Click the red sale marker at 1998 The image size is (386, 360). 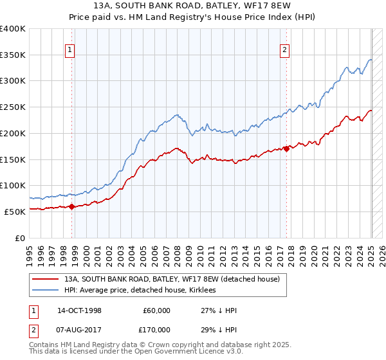[x=72, y=206]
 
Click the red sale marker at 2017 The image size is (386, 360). [x=286, y=148]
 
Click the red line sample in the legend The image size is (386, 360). [x=44, y=280]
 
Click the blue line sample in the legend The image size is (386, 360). [x=44, y=291]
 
